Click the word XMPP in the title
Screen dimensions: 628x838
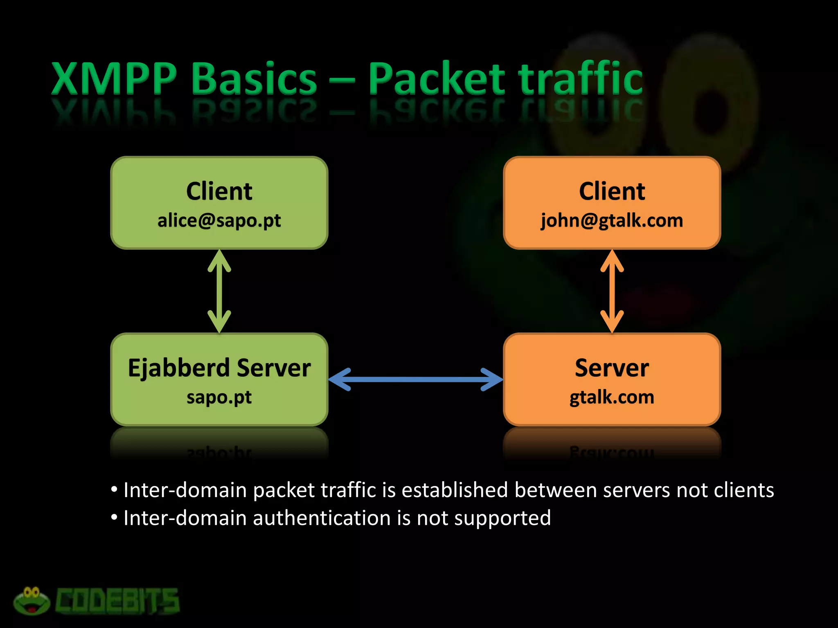(x=114, y=78)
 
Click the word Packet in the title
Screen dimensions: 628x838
(x=437, y=78)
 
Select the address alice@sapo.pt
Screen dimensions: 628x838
(x=219, y=221)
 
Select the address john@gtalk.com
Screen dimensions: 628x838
(x=612, y=221)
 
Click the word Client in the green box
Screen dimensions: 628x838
(x=219, y=191)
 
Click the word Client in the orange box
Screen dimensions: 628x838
(x=612, y=191)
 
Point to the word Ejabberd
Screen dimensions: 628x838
(x=179, y=368)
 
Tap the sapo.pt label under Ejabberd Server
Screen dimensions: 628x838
(x=219, y=397)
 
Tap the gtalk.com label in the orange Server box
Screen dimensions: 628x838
(x=612, y=397)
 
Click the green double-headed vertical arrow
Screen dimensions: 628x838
(x=219, y=291)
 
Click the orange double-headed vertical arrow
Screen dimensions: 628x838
(x=612, y=291)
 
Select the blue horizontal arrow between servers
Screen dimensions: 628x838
(x=415, y=379)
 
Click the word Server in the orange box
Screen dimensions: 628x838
(x=612, y=368)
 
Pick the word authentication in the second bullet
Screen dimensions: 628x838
(x=321, y=518)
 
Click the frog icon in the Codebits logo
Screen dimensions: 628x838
(x=32, y=601)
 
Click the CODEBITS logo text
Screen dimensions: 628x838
(x=117, y=601)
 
